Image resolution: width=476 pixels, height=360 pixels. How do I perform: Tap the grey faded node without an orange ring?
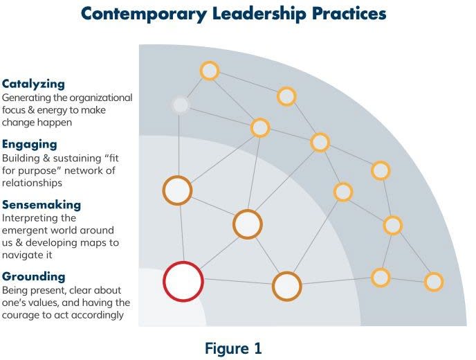(181, 105)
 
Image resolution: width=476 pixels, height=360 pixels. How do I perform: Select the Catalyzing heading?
(33, 84)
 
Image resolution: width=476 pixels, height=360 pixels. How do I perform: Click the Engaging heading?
(30, 145)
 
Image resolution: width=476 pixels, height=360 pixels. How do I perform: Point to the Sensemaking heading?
(42, 205)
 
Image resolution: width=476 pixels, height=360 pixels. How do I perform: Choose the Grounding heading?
(34, 276)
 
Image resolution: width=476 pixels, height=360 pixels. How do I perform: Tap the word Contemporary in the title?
(144, 15)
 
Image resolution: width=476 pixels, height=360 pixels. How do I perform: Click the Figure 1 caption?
(233, 348)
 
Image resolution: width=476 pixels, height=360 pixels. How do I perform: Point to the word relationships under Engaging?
(32, 183)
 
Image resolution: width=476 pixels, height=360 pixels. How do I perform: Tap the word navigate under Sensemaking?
(19, 255)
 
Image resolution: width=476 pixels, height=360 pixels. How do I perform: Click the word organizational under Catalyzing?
(101, 98)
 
